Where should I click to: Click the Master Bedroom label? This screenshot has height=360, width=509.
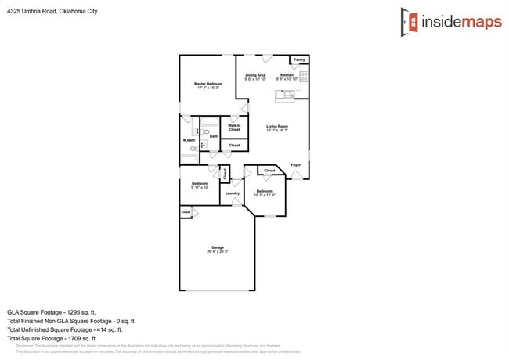point(208,83)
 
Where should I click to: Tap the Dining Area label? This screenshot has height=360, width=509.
point(255,75)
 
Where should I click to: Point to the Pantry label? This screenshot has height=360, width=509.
point(299,59)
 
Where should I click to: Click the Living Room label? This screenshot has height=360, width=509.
point(277,126)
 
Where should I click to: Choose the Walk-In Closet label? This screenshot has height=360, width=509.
point(234,127)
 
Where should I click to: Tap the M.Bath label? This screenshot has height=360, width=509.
point(189,140)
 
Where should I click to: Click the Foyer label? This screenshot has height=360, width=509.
point(296,165)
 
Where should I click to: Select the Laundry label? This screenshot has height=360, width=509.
point(233,193)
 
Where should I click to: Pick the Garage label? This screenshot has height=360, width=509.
point(218,247)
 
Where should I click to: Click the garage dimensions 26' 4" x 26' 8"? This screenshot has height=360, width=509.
point(218,252)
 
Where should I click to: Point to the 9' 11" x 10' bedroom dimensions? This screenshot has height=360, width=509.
point(200,188)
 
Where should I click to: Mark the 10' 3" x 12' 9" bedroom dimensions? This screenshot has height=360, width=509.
point(265,195)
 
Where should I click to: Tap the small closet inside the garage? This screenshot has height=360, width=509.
point(186,211)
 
